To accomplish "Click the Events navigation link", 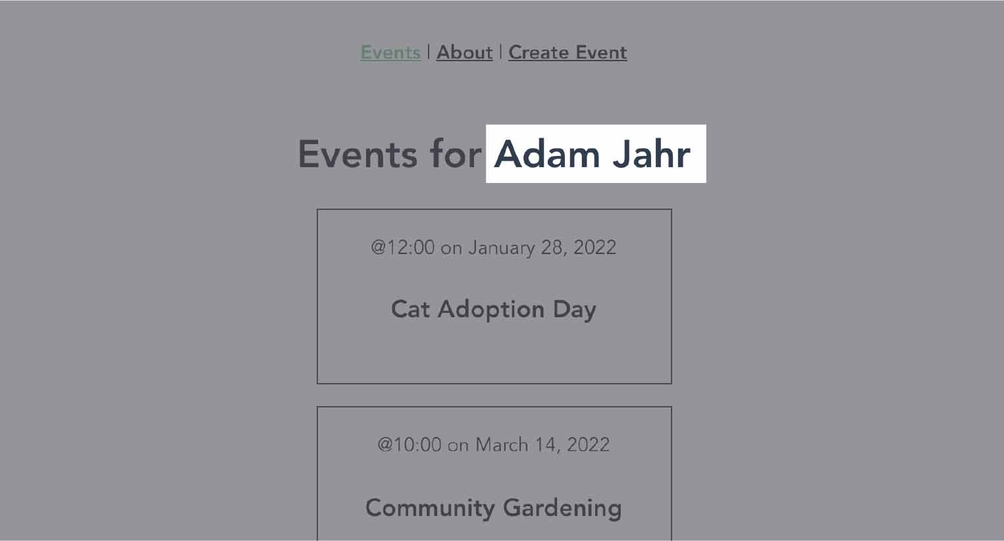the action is (390, 53).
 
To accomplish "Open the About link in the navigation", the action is (464, 53).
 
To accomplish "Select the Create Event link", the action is (568, 53).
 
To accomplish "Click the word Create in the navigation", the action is (539, 53).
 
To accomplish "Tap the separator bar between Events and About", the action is (429, 52).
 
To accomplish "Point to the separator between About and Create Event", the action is (500, 52).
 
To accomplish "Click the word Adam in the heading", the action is (547, 154).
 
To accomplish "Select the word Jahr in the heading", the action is (652, 154).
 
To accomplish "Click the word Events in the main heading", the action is (357, 154).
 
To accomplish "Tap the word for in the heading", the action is (456, 154).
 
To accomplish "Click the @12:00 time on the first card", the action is (402, 247).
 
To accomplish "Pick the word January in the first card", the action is (502, 248).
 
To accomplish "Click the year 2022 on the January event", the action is (594, 247).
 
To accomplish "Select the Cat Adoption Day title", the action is (494, 310).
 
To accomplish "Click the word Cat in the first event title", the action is (410, 309).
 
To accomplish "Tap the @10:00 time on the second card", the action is (410, 445).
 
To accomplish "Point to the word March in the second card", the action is (502, 445).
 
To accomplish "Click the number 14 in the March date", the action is (547, 445).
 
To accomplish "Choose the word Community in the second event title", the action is (431, 508).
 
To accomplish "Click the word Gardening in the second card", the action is (562, 508).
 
